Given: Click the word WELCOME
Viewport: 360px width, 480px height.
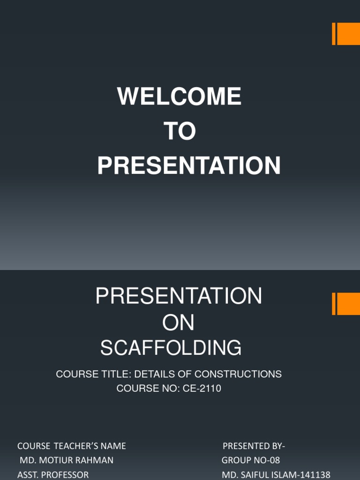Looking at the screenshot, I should pyautogui.click(x=179, y=97).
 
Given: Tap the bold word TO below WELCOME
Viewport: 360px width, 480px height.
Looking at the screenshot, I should pyautogui.click(x=180, y=132).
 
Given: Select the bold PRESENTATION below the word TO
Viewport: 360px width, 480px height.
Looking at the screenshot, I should pyautogui.click(x=189, y=166).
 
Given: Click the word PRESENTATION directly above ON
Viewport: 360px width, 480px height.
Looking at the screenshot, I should pyautogui.click(x=179, y=296).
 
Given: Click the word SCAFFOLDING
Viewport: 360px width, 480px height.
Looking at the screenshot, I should pyautogui.click(x=171, y=348).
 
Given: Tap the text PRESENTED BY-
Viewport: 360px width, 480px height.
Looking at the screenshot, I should pyautogui.click(x=254, y=445).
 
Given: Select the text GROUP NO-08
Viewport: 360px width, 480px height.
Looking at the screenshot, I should pyautogui.click(x=251, y=460).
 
